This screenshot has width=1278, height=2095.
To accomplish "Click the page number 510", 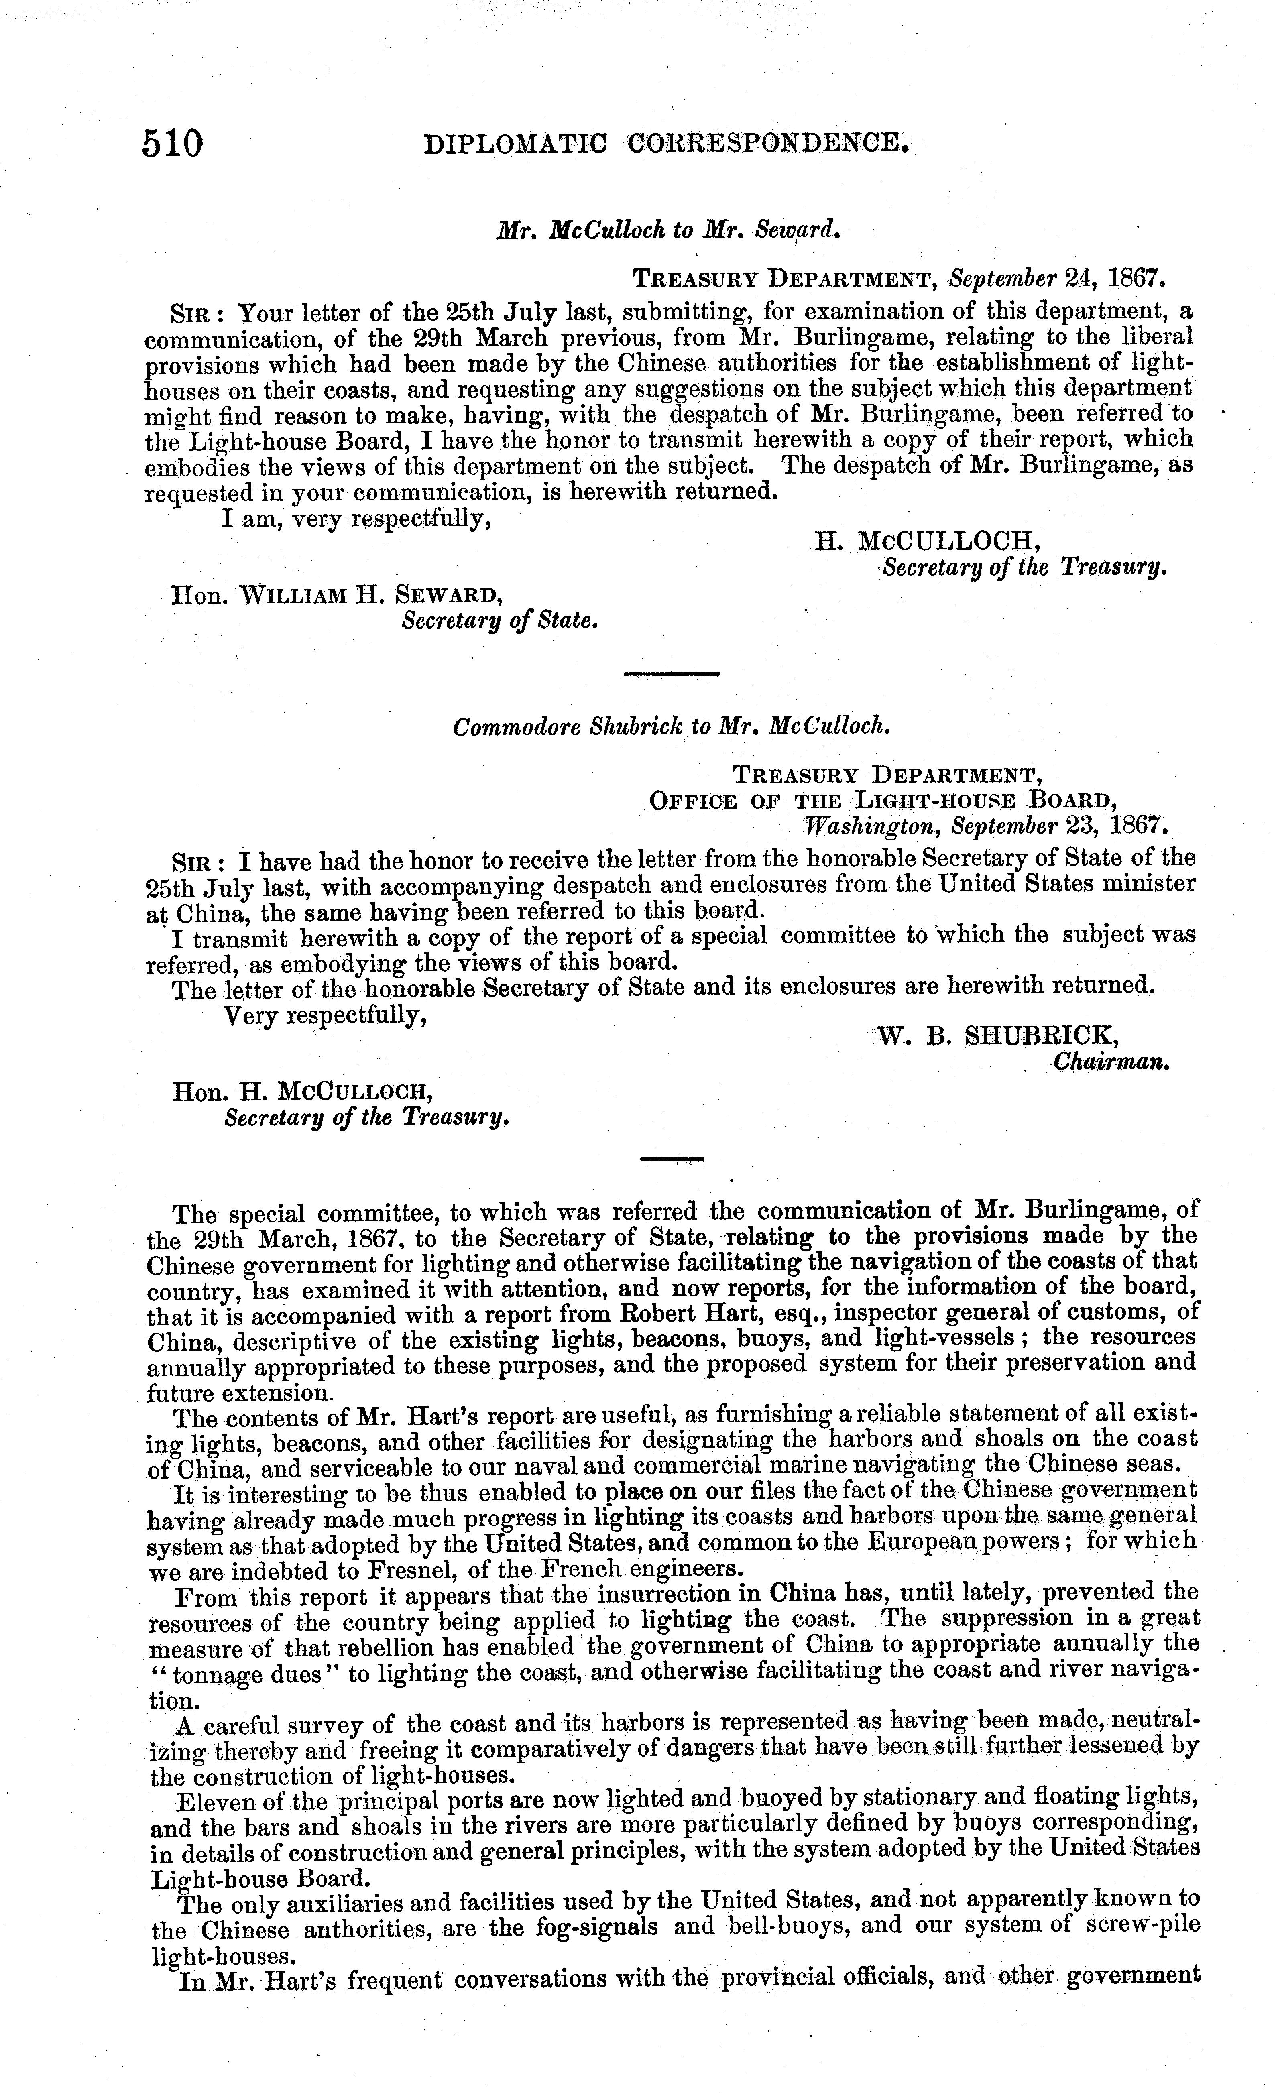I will pyautogui.click(x=173, y=143).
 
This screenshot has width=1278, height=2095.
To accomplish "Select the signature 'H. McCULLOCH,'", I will pyautogui.click(x=927, y=541).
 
